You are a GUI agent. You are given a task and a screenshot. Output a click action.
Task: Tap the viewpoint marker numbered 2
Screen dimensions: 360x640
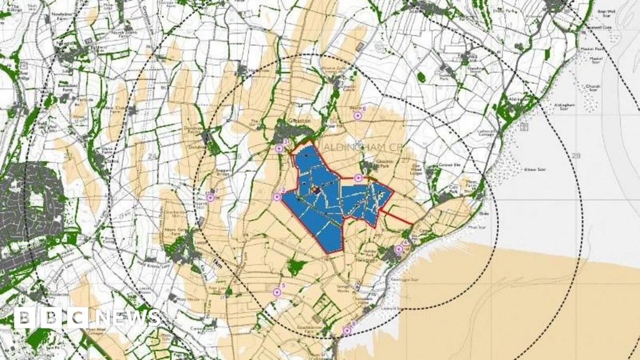coord(277,197)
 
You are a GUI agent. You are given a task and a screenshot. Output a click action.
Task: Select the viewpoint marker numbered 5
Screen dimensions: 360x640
coord(276,292)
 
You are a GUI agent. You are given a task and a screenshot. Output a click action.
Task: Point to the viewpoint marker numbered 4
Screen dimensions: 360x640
coord(398,249)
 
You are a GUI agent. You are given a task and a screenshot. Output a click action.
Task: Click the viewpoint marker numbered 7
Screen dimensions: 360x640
coord(210,197)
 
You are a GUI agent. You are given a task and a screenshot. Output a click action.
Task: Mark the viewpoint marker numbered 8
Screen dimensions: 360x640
coord(347,331)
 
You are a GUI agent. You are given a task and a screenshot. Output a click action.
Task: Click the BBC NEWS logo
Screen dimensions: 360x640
coord(86,318)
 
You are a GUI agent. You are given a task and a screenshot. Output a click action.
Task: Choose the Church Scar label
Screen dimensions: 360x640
coord(593,88)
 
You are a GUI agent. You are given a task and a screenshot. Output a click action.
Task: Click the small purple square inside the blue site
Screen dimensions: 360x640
coord(315,189)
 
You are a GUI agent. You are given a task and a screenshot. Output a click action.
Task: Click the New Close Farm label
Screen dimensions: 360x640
coord(117,109)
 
